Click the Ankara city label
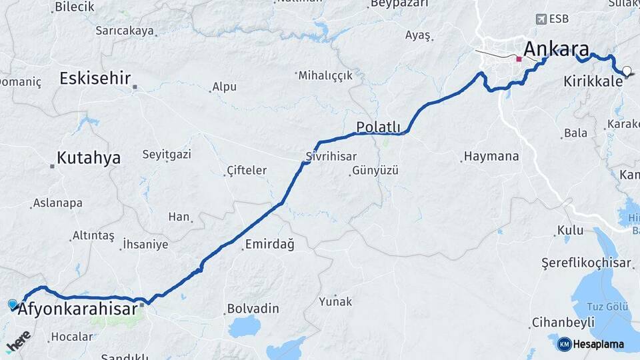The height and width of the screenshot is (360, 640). coord(556,49)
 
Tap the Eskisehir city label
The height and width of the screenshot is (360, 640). coord(95,78)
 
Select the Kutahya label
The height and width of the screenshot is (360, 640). coord(89,158)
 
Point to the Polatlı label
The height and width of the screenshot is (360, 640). coord(378,127)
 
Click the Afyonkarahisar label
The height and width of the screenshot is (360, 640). coord(78,309)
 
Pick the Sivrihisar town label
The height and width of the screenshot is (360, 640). coord(328,157)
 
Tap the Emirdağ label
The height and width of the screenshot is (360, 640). coord(269,244)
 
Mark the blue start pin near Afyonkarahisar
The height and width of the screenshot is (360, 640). coord(13,305)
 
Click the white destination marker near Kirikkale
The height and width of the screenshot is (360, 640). coord(626,70)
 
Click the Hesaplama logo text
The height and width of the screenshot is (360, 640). coord(598,345)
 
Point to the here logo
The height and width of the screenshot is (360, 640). coord(18,342)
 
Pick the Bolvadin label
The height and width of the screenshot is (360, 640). coord(253,309)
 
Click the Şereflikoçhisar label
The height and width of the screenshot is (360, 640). coord(586,263)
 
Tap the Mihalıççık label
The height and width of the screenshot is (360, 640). coord(325,75)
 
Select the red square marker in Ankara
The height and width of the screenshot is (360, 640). coord(519,59)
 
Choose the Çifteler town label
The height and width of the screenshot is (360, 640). coord(247,171)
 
